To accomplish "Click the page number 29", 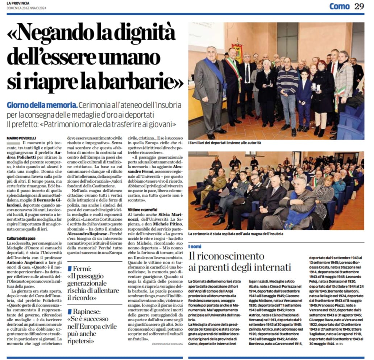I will click(359, 6).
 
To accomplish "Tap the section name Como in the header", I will click(339, 6).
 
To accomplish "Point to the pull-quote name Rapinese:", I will click(89, 311).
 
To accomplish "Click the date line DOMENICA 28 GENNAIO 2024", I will click(26, 8).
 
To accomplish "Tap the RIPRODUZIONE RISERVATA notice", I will click(167, 344).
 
